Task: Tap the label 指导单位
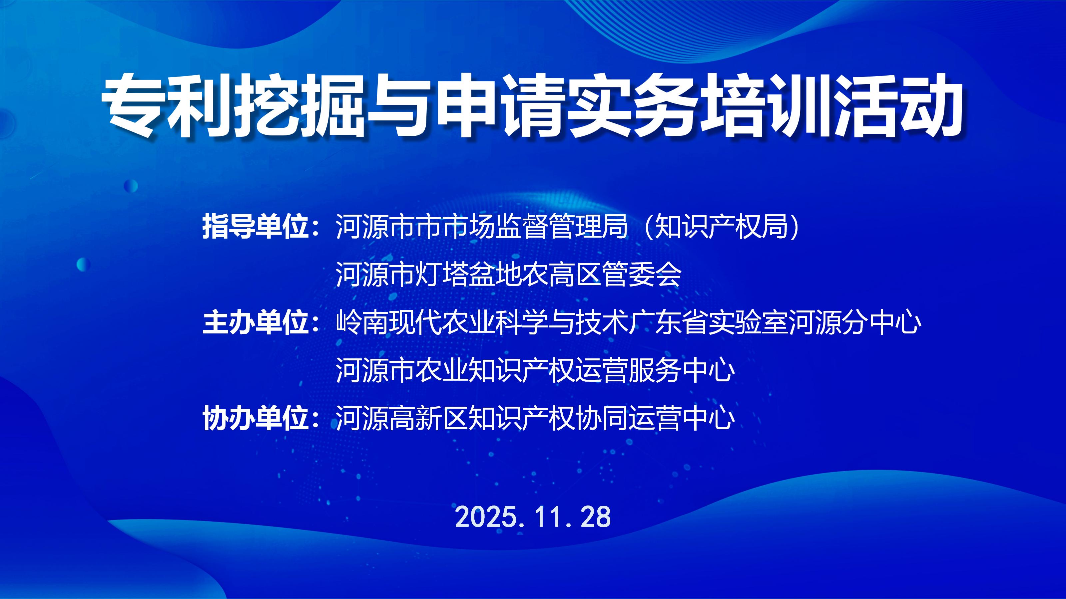pos(257,227)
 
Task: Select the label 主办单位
pos(257,323)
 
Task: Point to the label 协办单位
pos(257,418)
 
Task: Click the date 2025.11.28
pos(533,517)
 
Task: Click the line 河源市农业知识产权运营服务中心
pos(535,370)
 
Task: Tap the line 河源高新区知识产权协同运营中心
pos(535,418)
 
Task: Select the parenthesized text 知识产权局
pos(722,227)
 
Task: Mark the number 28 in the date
pos(596,517)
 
